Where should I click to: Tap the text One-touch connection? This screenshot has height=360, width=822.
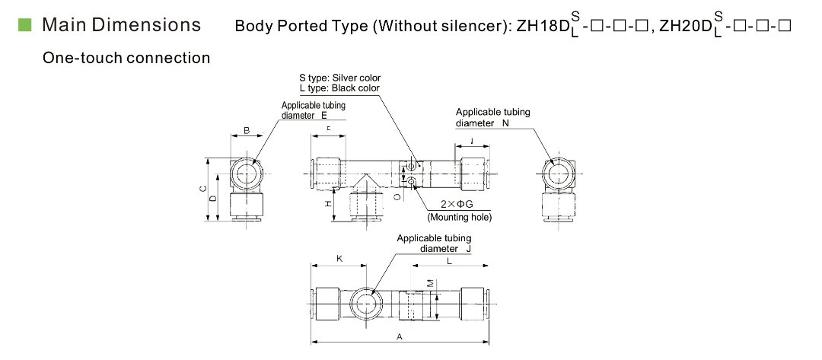click(x=126, y=58)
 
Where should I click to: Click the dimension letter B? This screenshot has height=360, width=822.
click(x=247, y=131)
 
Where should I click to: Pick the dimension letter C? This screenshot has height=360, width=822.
click(x=202, y=189)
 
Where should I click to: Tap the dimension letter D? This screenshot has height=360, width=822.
click(x=214, y=197)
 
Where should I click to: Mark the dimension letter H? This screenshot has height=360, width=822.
click(x=328, y=204)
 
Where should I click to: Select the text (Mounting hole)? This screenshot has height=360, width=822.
click(x=459, y=218)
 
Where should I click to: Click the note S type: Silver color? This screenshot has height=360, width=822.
click(x=339, y=78)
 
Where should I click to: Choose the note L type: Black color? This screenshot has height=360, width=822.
click(x=339, y=88)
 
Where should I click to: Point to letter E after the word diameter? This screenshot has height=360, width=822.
click(x=323, y=116)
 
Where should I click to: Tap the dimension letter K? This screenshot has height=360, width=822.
click(x=339, y=260)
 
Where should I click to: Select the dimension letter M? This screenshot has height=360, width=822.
click(x=430, y=283)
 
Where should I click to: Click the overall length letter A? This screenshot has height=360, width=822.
click(x=400, y=336)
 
